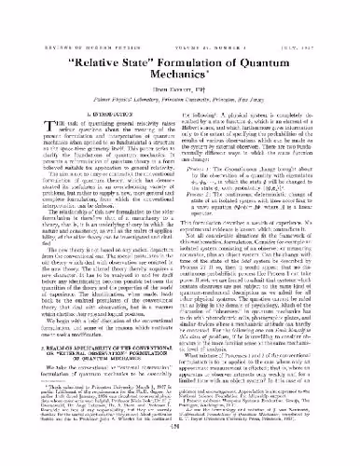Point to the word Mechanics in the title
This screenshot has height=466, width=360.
180,62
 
